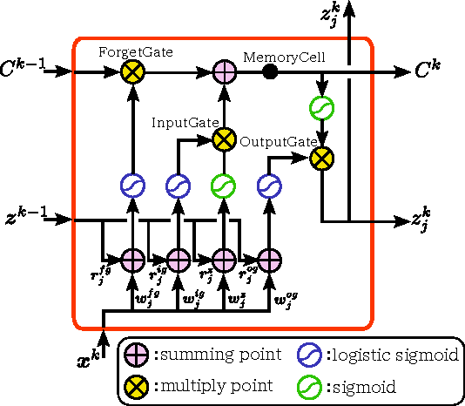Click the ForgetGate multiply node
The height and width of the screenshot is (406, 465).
point(132,72)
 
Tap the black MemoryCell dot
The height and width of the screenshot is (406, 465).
point(270,72)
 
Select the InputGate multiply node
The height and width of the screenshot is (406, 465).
point(224,137)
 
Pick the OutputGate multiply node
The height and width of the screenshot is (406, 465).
point(322,158)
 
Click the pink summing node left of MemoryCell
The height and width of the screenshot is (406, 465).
point(224,72)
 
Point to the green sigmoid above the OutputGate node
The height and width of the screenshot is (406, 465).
point(322,109)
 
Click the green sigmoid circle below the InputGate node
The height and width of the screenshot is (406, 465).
point(224,186)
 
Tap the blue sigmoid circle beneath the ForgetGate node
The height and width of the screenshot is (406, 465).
point(132,186)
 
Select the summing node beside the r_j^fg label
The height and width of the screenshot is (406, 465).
point(132,259)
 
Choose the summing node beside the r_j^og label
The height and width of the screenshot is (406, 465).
point(268,259)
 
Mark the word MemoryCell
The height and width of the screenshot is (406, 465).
point(284,58)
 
